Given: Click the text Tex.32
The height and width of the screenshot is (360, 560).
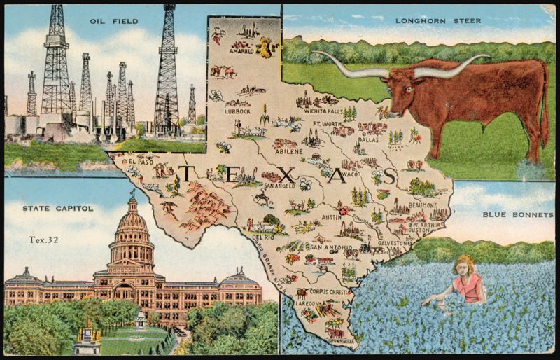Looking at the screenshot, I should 43,239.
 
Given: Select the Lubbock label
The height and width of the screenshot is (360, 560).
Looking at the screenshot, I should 237,111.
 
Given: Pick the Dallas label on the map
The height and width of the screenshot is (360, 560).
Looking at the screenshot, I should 369,139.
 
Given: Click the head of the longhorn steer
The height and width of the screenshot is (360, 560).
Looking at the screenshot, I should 400,91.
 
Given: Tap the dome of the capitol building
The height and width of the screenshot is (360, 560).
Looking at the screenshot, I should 132,223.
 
